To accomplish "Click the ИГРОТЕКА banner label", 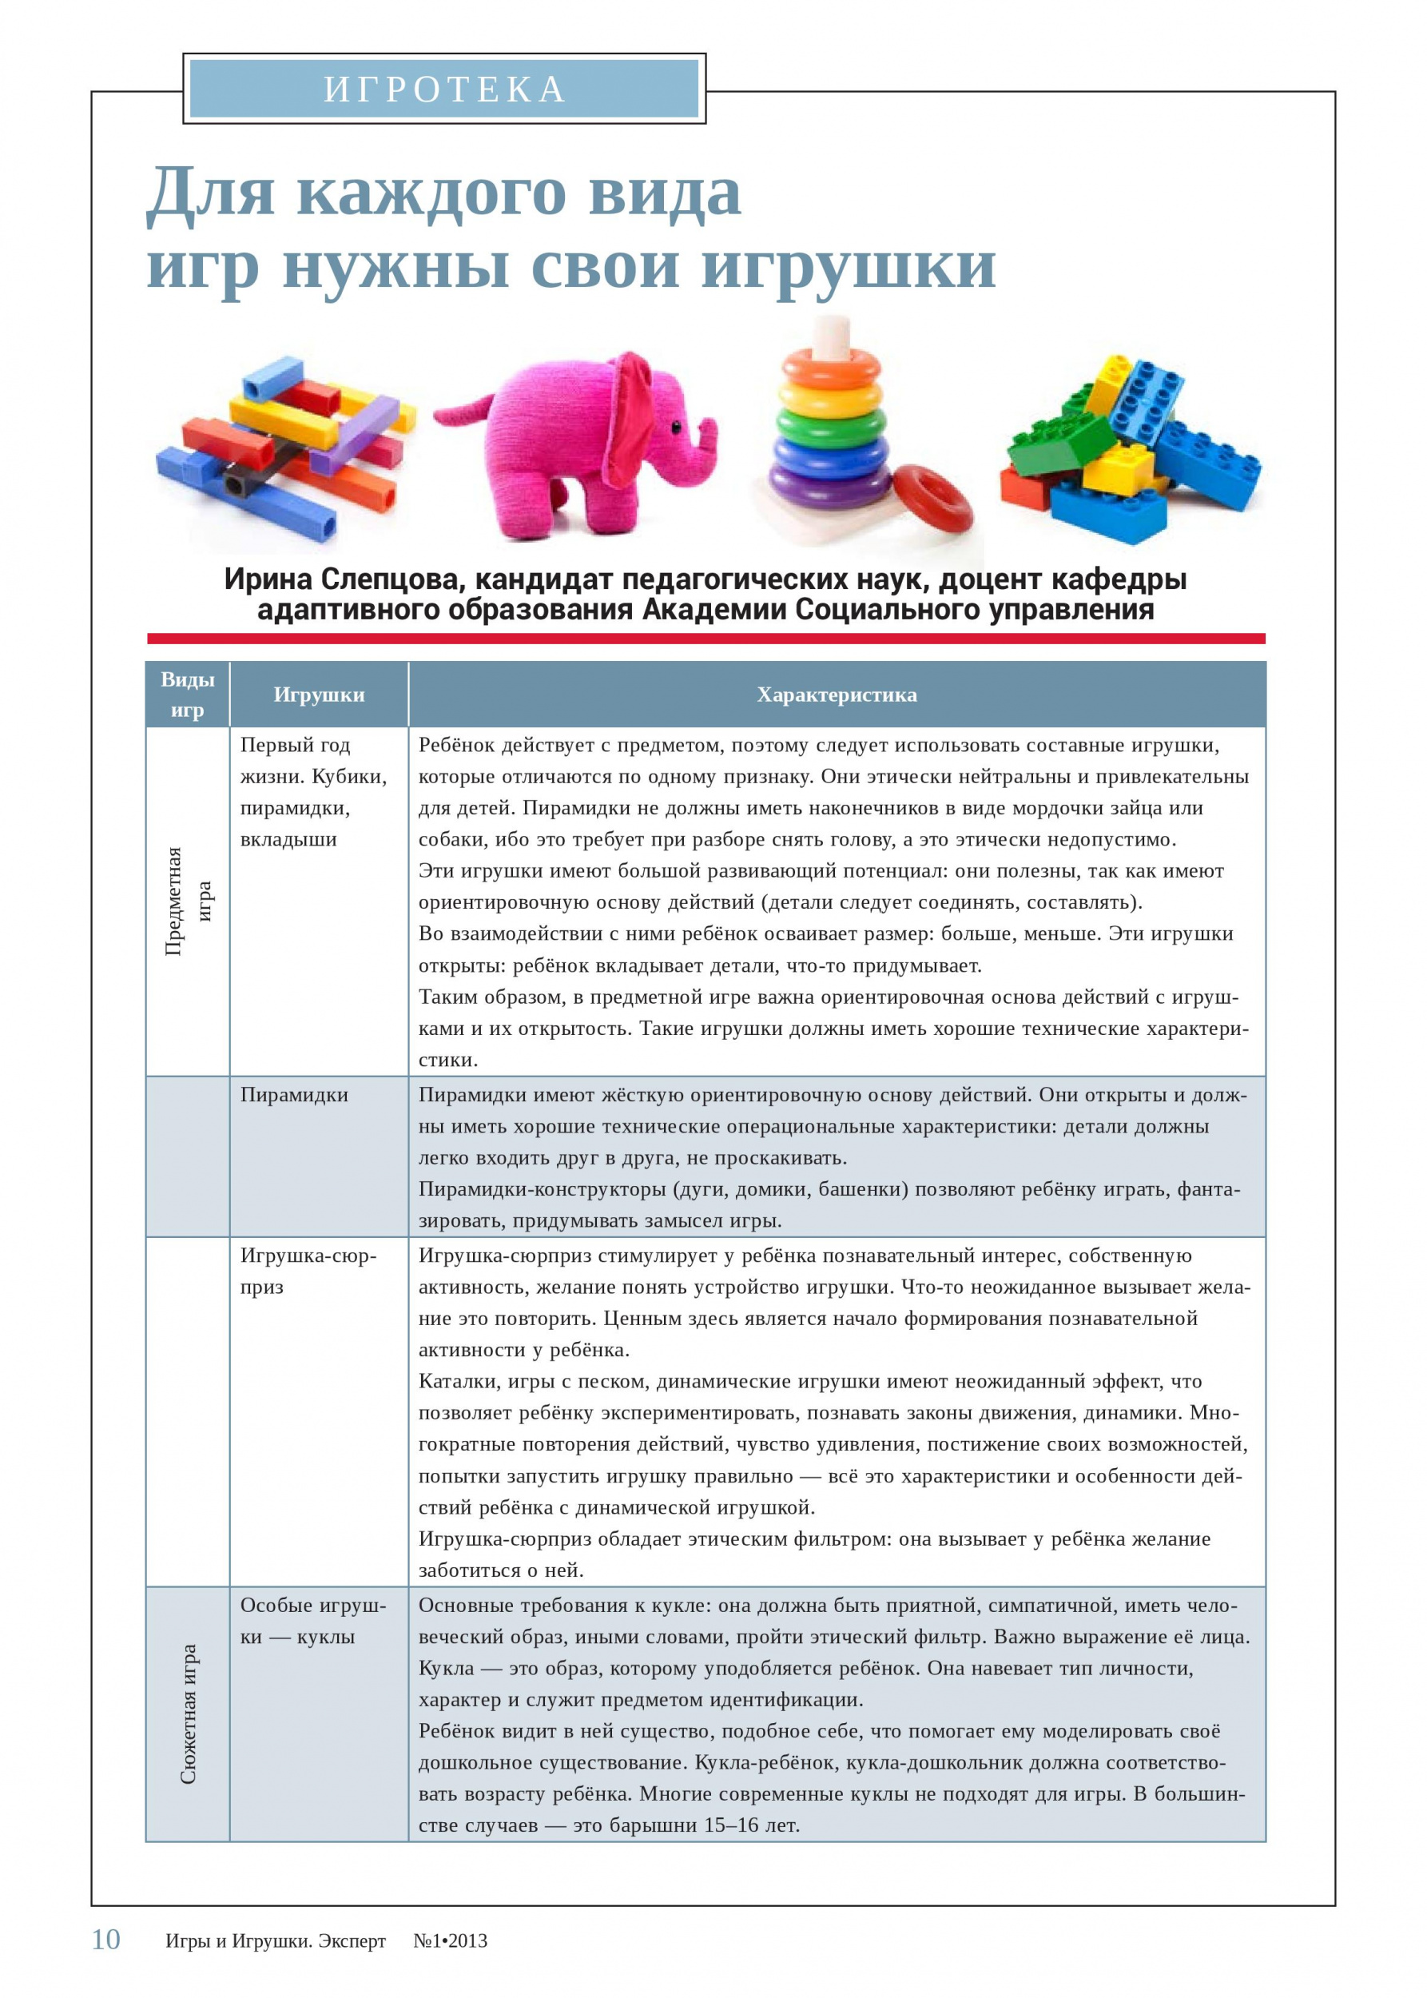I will point(443,89).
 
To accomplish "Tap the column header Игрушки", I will point(319,695).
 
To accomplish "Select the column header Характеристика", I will point(837,695).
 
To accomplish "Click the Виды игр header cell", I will point(187,695).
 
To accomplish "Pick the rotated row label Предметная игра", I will point(188,901).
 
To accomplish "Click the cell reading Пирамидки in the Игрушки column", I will point(294,1095).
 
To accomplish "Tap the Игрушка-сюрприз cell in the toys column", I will point(308,1271).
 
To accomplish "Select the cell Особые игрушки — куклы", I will point(312,1621).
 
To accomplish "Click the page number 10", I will point(105,1940).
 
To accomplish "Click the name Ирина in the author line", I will point(267,579).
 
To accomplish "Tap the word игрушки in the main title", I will point(848,265).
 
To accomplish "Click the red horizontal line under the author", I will point(706,639).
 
